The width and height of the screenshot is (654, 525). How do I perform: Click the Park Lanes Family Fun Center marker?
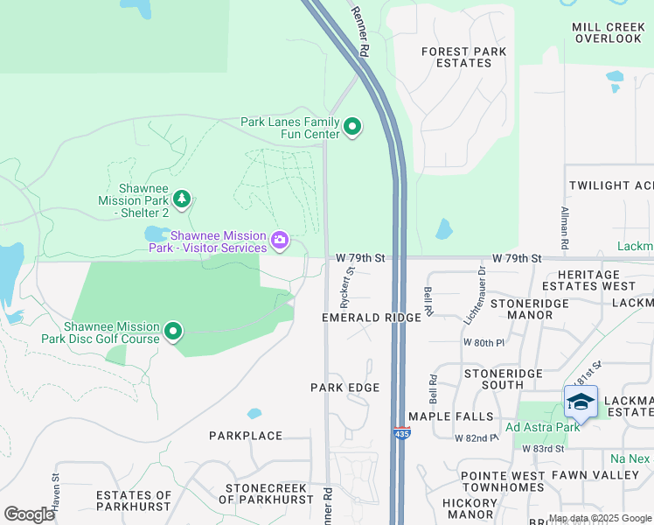[x=352, y=128]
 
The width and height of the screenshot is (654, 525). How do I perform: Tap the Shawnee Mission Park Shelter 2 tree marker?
[x=181, y=199]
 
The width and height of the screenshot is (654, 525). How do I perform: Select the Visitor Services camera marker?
[x=280, y=240]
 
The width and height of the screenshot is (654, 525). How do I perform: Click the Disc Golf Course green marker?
[x=173, y=332]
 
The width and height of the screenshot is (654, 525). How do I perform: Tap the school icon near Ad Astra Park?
[x=581, y=402]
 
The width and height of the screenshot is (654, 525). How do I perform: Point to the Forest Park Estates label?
[x=456, y=57]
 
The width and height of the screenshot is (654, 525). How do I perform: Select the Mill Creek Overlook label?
[x=607, y=33]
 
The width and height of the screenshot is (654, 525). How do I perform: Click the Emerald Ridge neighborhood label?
[x=372, y=318]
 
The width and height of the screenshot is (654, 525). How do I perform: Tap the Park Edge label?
[x=345, y=388]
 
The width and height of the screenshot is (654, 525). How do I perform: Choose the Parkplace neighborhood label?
[x=246, y=436]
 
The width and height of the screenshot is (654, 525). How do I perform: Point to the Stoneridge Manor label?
[x=531, y=309]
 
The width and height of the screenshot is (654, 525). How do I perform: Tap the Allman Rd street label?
[x=565, y=226]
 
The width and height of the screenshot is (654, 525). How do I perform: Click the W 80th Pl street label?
[x=484, y=342]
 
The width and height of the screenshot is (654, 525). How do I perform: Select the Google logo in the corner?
[x=29, y=514]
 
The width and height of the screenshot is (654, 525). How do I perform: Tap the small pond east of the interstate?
[x=444, y=230]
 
